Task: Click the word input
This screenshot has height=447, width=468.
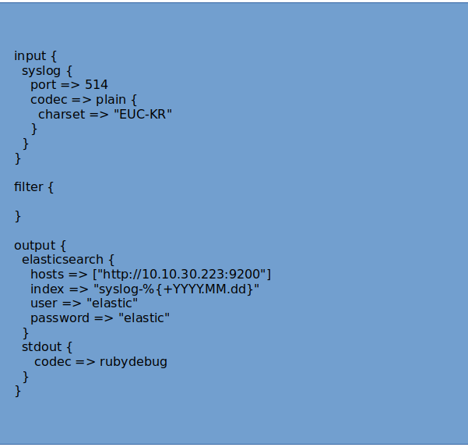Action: click(30, 56)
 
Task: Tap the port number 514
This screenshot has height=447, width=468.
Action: click(97, 85)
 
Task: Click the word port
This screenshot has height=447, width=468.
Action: click(43, 85)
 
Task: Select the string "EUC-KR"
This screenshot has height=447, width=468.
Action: click(143, 115)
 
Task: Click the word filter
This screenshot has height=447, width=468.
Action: click(28, 187)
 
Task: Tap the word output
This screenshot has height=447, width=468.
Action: click(33, 246)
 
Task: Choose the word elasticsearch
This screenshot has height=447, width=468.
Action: click(62, 260)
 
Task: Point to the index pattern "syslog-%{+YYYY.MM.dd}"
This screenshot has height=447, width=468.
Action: click(176, 289)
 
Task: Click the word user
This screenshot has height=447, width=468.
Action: click(44, 303)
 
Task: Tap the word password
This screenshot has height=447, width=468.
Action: click(61, 318)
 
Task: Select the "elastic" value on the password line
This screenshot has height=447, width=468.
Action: click(143, 318)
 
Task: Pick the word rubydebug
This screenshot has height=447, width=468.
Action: click(133, 362)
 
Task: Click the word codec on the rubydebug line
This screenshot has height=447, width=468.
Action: click(53, 362)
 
